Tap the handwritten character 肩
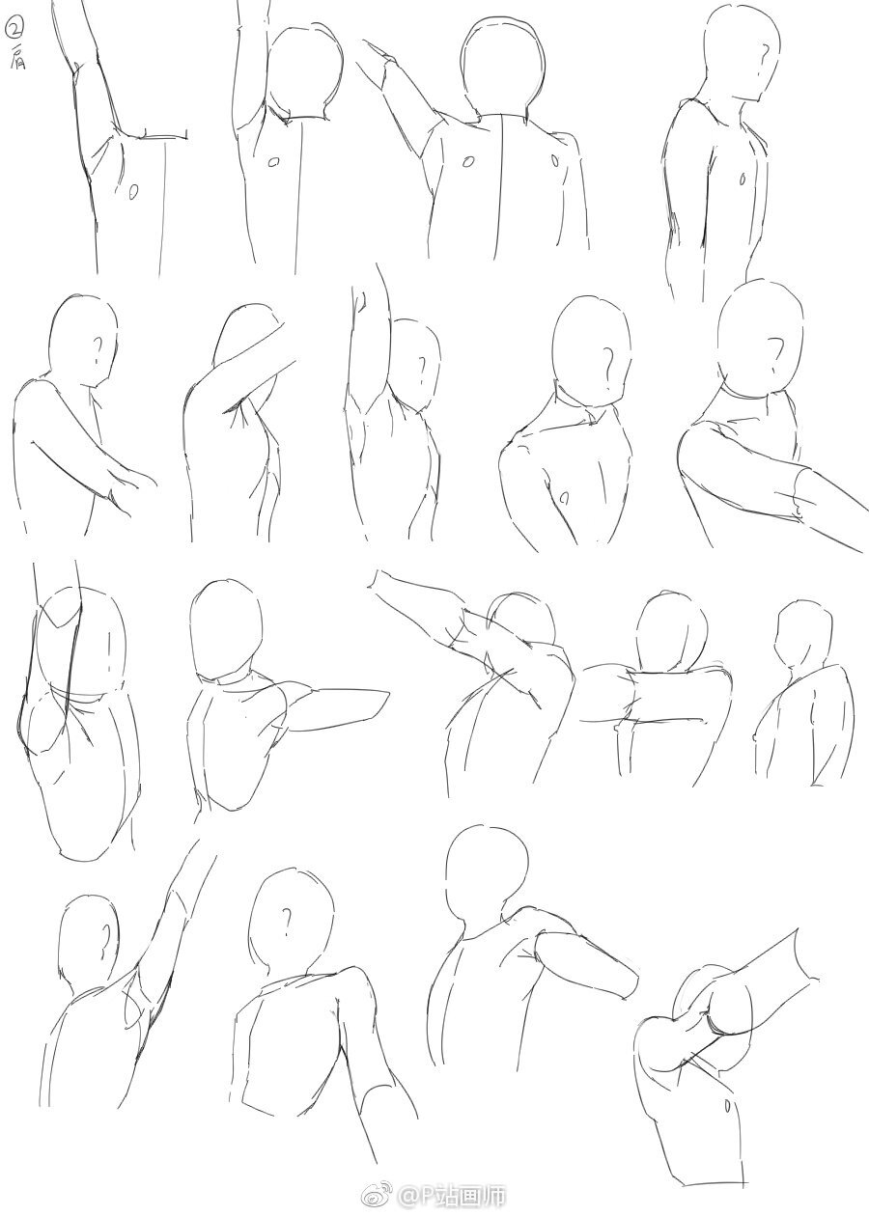click(17, 58)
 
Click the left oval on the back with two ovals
click(467, 161)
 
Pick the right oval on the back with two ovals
click(555, 160)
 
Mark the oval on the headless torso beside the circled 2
click(132, 191)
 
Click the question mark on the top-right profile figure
click(765, 53)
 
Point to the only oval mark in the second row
click(564, 496)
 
